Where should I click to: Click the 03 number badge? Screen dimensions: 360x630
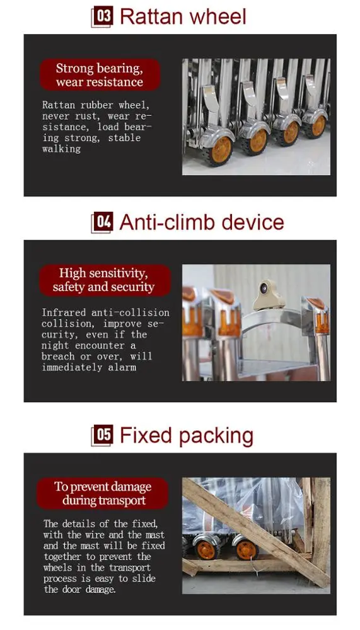103,17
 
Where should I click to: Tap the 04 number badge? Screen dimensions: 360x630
103,222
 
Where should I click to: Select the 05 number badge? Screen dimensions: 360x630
103,435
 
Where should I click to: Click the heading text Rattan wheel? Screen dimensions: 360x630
183,17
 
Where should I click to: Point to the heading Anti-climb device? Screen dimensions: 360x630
202,222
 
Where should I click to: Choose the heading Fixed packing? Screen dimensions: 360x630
187,436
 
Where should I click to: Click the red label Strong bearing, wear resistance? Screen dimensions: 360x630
100,75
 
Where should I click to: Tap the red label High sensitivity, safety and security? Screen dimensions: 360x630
105,280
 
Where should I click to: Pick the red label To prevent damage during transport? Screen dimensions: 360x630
103,493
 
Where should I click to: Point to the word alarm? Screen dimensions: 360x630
122,367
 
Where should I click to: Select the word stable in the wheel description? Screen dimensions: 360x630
124,138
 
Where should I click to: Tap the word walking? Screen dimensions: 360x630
62,149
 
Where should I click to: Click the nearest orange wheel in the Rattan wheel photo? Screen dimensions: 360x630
221,149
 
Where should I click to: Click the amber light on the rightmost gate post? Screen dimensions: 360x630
322,322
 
